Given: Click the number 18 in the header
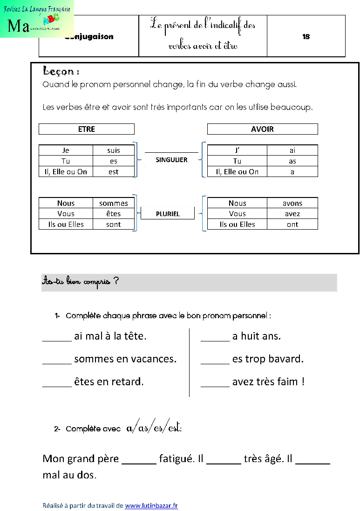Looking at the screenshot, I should [x=306, y=36].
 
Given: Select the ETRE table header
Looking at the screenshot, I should [x=87, y=129].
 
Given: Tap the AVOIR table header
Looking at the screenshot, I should [x=262, y=129].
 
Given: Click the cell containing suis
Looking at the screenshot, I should [x=114, y=150].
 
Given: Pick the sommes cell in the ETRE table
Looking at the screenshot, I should [x=114, y=203].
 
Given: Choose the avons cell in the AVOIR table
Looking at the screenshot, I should [x=292, y=203].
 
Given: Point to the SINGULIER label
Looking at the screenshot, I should [x=171, y=160].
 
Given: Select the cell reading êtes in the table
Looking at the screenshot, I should [x=114, y=214].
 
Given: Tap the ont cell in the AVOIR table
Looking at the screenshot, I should [x=292, y=224].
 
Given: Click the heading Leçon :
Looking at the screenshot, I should [x=61, y=71].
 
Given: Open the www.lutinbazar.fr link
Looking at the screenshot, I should [x=151, y=505].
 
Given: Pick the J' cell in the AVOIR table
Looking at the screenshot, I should [x=237, y=150].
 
